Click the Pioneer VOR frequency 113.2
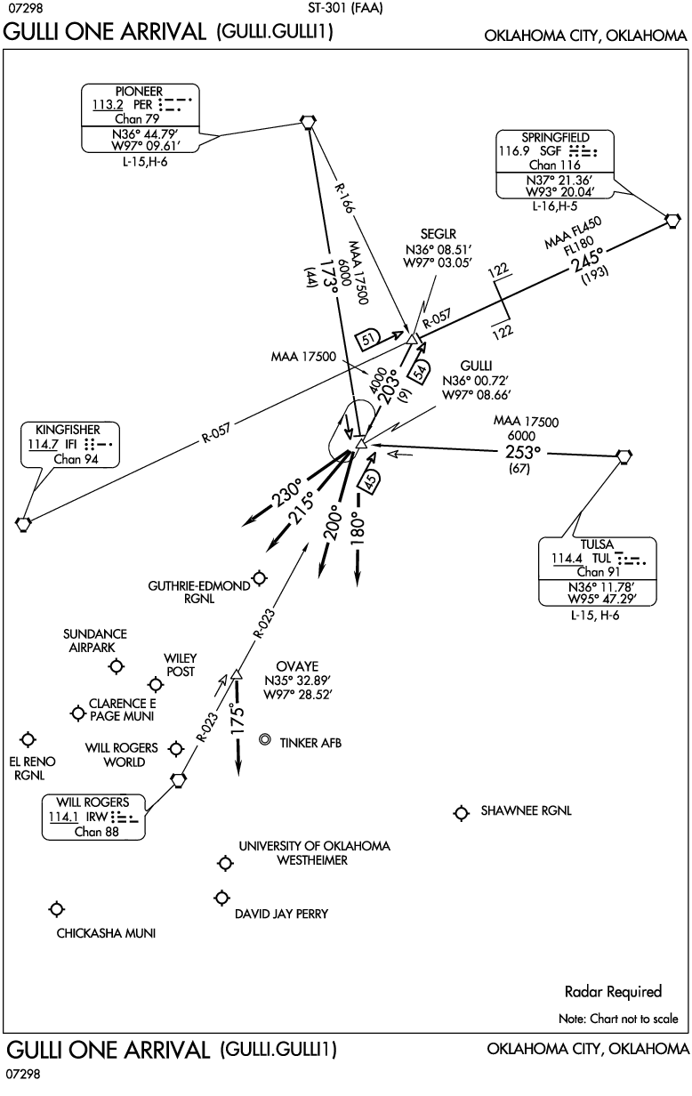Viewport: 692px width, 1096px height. [x=105, y=104]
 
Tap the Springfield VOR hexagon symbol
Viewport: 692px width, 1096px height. [x=673, y=220]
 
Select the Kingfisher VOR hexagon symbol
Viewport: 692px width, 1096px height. [x=23, y=523]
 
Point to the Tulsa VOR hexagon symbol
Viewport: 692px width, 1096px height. [x=625, y=455]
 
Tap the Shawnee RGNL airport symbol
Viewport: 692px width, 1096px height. [x=461, y=813]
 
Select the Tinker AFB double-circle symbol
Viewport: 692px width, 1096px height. [x=265, y=740]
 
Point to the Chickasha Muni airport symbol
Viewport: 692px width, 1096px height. [x=57, y=908]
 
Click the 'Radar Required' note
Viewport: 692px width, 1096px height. [x=613, y=991]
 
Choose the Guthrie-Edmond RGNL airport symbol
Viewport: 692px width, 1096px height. [x=260, y=578]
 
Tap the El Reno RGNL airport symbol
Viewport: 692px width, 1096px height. [x=28, y=739]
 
